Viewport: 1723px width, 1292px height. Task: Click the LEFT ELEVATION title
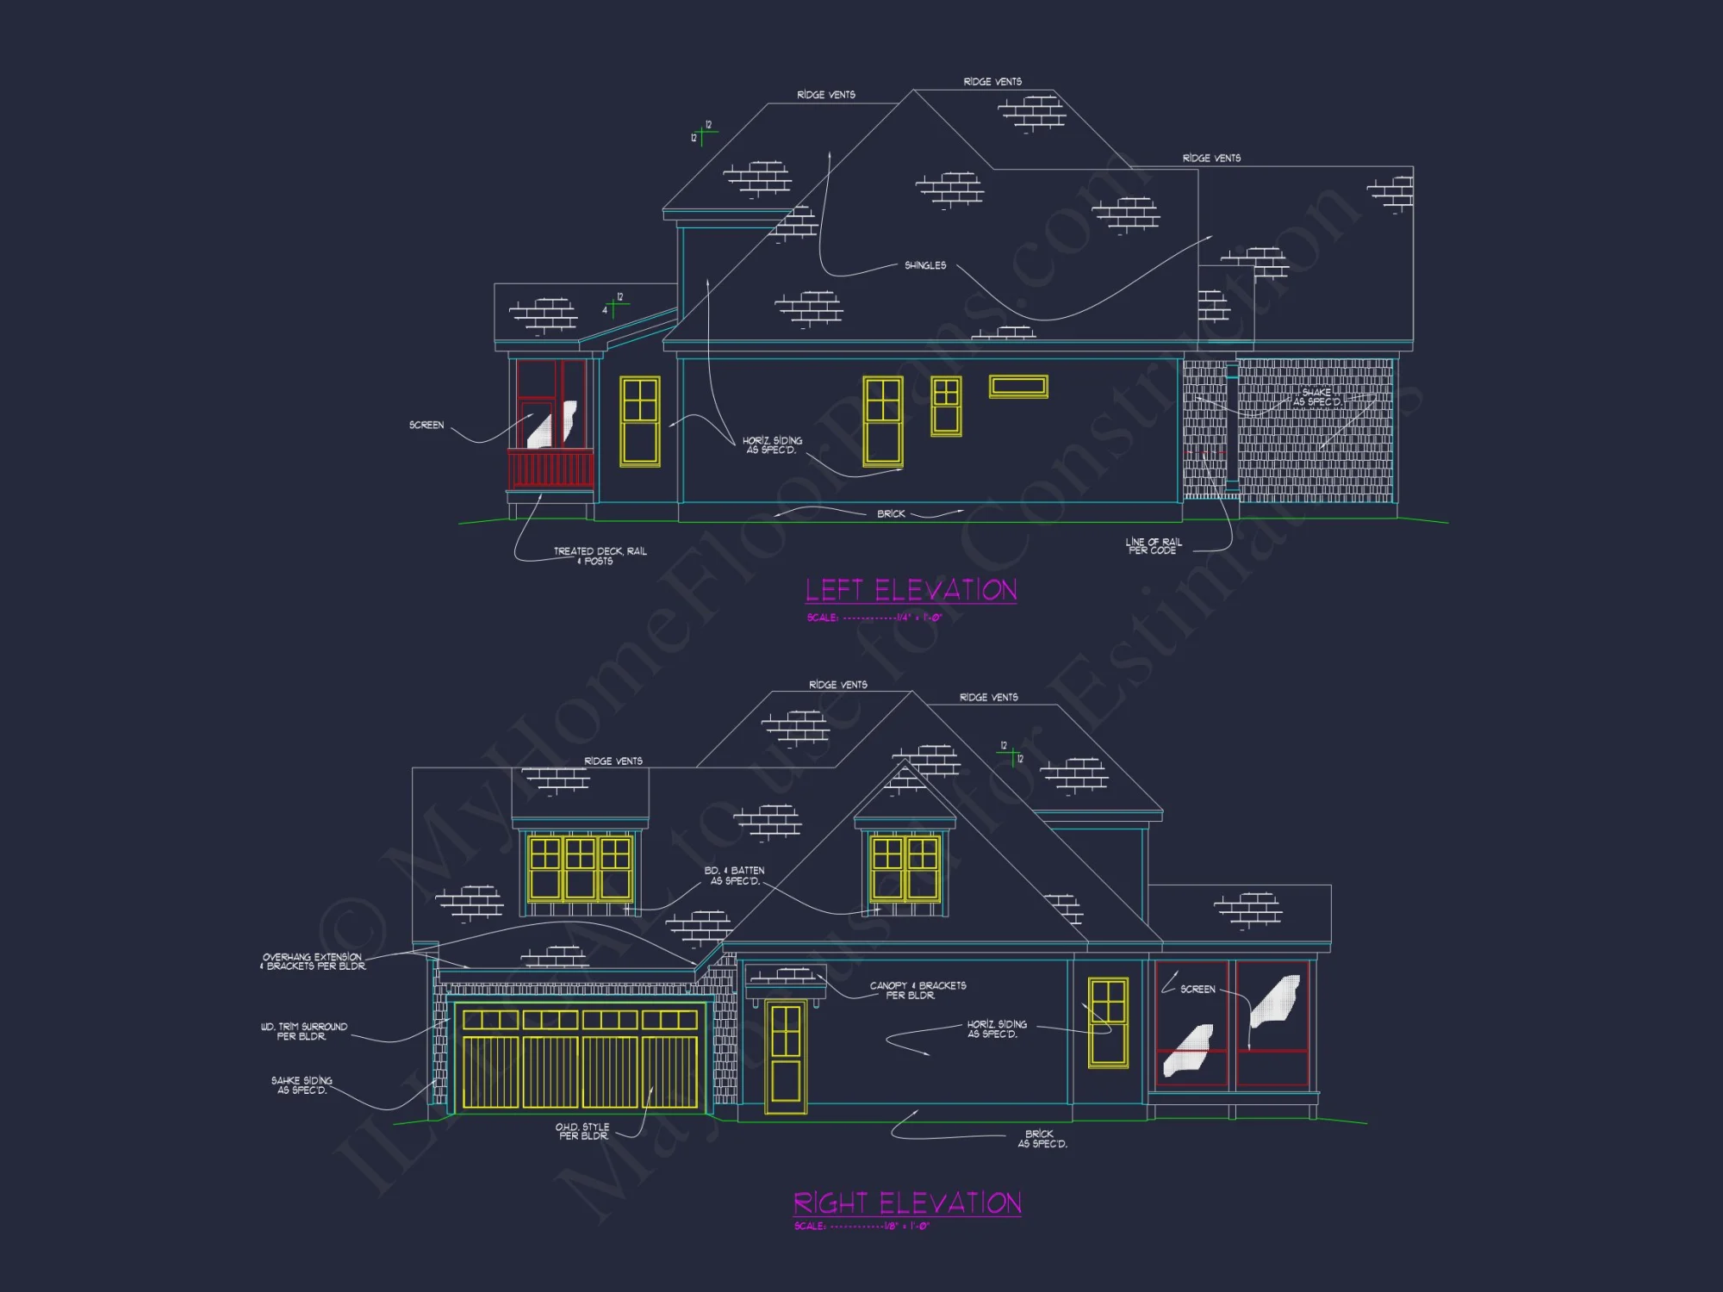click(911, 590)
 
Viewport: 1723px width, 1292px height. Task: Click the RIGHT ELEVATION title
click(907, 1202)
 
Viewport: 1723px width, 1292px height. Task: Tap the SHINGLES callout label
click(925, 265)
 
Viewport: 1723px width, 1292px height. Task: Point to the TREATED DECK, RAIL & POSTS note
click(600, 556)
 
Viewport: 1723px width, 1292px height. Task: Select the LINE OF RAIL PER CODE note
click(1153, 546)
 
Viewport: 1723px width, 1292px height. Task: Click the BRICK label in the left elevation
click(891, 513)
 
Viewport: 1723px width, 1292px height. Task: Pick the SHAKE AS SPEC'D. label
click(1316, 397)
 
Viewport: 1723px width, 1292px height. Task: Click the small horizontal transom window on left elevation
click(1018, 387)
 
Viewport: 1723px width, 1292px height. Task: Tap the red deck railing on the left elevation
click(550, 469)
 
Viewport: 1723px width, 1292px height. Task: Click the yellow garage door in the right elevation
click(580, 1059)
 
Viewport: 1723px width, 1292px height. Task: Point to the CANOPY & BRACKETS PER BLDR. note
click(917, 990)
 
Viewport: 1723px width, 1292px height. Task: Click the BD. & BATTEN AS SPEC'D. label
click(735, 875)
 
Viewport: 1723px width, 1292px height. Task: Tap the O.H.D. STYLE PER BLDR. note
click(582, 1131)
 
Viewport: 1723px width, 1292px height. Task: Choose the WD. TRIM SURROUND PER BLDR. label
click(304, 1031)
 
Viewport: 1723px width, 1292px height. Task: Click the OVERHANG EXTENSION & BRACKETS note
click(313, 961)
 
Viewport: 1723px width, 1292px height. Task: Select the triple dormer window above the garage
click(580, 868)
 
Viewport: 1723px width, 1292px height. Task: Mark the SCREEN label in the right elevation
click(1197, 989)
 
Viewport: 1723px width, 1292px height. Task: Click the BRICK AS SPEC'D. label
click(1042, 1139)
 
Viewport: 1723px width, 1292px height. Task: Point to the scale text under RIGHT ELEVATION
click(861, 1226)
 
